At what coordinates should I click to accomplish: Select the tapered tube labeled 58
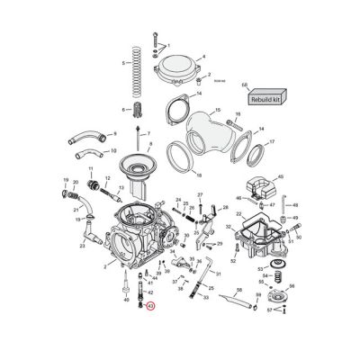click(x=232, y=304)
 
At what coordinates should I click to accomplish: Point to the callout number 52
click(x=232, y=261)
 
